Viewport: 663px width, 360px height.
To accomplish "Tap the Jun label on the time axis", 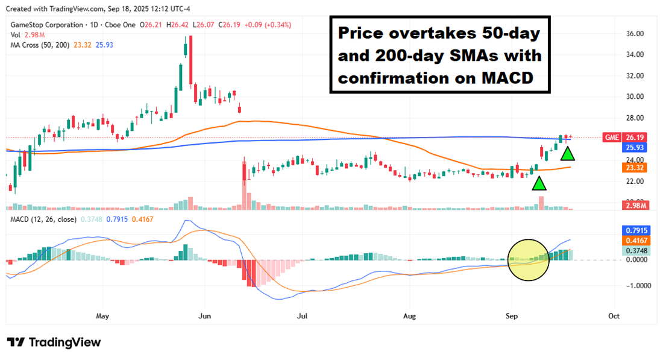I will [x=204, y=316].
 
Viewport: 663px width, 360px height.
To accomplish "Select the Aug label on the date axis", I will [x=409, y=316].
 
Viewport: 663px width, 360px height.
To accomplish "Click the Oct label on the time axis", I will [x=614, y=316].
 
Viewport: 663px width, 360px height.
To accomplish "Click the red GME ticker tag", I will [x=611, y=137].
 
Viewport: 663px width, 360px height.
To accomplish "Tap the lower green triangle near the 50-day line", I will [x=539, y=183].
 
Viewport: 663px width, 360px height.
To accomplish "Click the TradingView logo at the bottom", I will [x=54, y=343].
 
